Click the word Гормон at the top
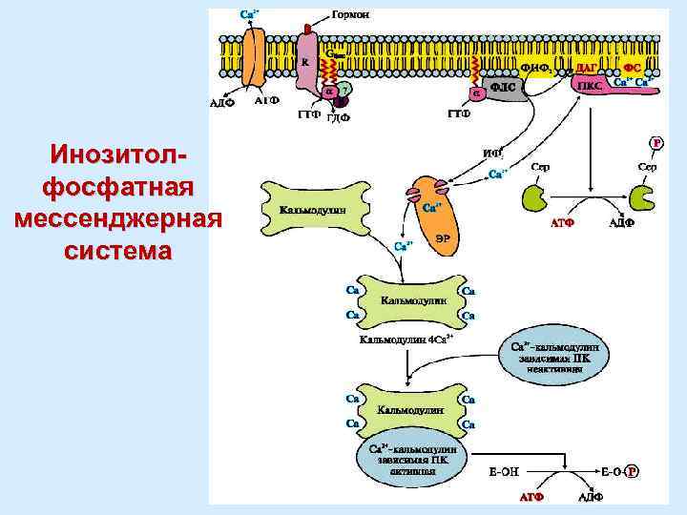(351, 14)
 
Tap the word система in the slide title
(118, 252)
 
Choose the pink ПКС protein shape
(590, 85)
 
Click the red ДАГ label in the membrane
(587, 65)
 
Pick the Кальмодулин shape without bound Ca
(313, 209)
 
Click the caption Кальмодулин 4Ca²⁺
(406, 339)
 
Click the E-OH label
(504, 471)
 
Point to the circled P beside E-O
(633, 471)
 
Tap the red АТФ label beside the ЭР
(562, 225)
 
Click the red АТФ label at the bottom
(531, 497)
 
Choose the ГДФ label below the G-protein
(339, 118)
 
